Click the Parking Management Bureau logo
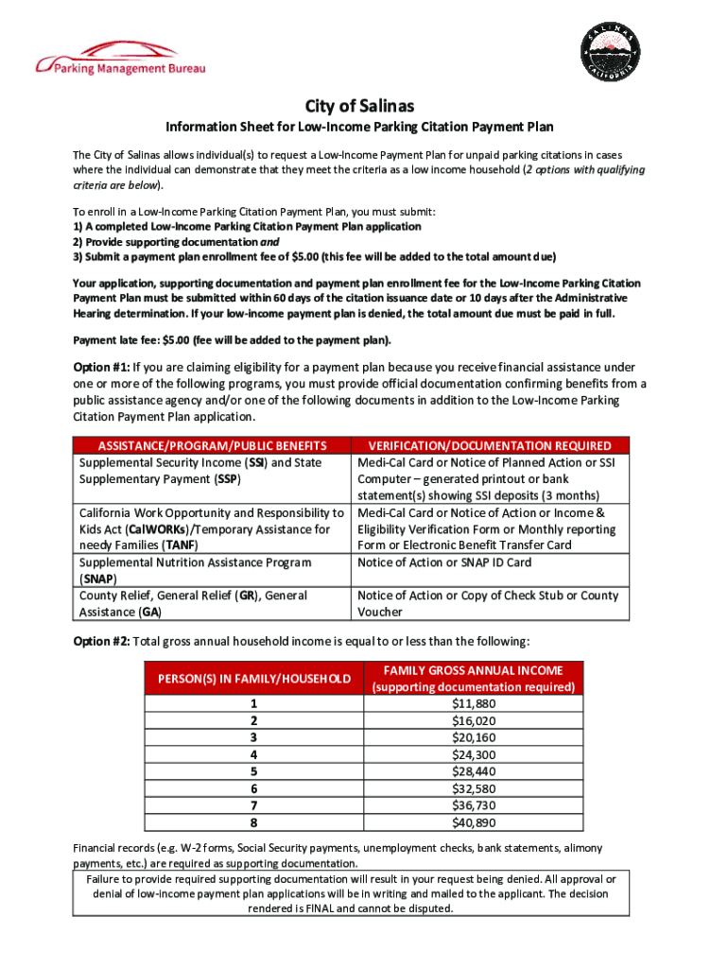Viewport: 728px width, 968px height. point(120,59)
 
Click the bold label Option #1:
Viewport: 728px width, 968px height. point(101,367)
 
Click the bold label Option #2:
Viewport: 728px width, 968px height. point(101,641)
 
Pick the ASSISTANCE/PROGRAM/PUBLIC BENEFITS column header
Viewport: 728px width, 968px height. point(212,445)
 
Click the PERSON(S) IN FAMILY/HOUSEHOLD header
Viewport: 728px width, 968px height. point(252,678)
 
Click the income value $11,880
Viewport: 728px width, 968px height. point(474,703)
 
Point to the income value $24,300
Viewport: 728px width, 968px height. point(474,754)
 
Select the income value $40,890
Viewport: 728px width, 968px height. point(474,821)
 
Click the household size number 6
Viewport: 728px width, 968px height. point(253,788)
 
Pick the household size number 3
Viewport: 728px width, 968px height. point(253,737)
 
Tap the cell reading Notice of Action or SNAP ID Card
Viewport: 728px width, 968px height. point(444,562)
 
